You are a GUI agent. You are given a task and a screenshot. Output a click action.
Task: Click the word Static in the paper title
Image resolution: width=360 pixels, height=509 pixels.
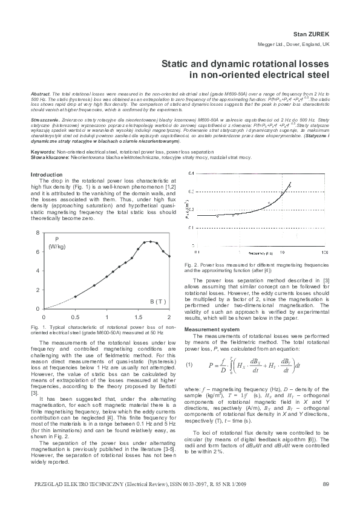(x=174, y=64)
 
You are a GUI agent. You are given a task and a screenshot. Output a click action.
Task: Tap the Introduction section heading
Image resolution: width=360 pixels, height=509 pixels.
(x=47, y=175)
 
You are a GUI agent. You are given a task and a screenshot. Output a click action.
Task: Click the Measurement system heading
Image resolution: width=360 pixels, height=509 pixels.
(x=216, y=329)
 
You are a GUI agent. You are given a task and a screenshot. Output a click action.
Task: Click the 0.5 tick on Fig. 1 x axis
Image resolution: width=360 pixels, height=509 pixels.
(x=75, y=317)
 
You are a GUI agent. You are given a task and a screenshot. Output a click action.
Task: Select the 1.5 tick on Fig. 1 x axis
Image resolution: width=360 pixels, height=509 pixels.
(x=138, y=317)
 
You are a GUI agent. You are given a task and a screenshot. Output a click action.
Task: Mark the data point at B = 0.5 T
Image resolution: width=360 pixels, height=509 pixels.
(x=75, y=297)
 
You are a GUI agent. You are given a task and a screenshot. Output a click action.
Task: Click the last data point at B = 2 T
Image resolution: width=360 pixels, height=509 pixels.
(x=169, y=256)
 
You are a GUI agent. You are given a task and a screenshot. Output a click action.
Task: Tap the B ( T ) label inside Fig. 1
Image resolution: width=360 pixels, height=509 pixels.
(x=158, y=301)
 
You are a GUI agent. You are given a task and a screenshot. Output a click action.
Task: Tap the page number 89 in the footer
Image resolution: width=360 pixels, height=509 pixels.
(x=326, y=483)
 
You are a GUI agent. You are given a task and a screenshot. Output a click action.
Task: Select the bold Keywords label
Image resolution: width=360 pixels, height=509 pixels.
(x=43, y=151)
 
